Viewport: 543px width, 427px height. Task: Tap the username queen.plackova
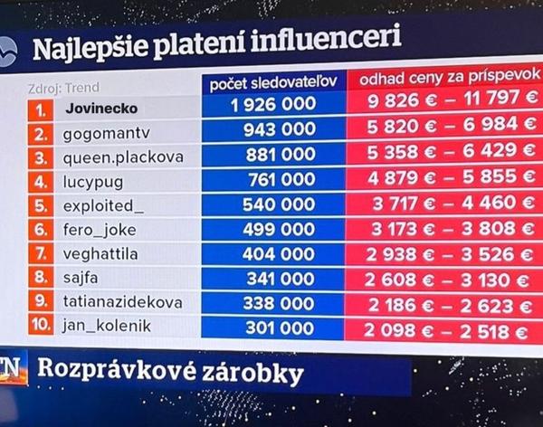[x=122, y=157]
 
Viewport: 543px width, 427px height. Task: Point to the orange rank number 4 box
[x=42, y=181]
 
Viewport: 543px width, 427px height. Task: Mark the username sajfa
[x=82, y=279]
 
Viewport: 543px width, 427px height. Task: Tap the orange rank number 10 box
[x=42, y=327]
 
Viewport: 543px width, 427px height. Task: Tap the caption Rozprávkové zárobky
[x=168, y=372]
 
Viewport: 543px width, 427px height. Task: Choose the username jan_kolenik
[x=108, y=327]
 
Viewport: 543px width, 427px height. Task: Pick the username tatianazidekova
[x=122, y=303]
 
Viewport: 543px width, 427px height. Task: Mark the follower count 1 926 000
[x=273, y=106]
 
